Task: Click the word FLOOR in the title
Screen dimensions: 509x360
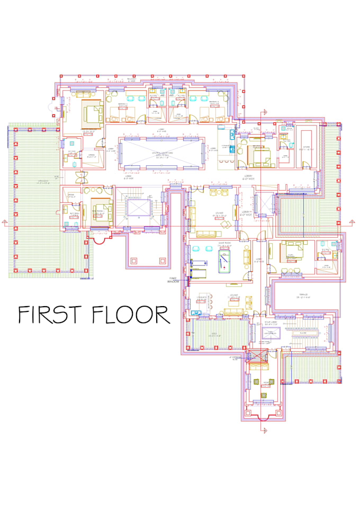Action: pyautogui.click(x=131, y=314)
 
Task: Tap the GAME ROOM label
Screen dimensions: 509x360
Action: pyautogui.click(x=218, y=245)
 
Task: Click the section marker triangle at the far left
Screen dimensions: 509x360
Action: pyautogui.click(x=5, y=221)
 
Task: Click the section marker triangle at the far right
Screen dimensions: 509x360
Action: pyautogui.click(x=350, y=221)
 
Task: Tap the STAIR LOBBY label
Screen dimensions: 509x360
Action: pyautogui.click(x=271, y=322)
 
